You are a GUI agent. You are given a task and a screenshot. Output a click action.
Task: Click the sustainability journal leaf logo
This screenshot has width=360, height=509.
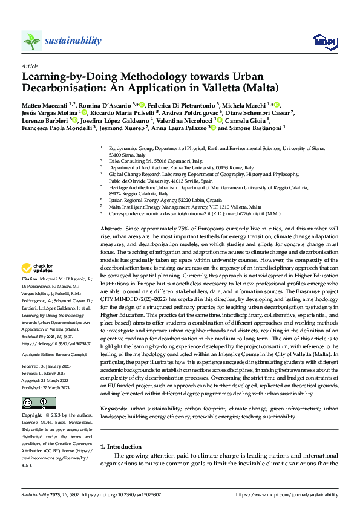[31, 41]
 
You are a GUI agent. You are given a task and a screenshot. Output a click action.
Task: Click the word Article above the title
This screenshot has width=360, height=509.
[30, 65]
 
